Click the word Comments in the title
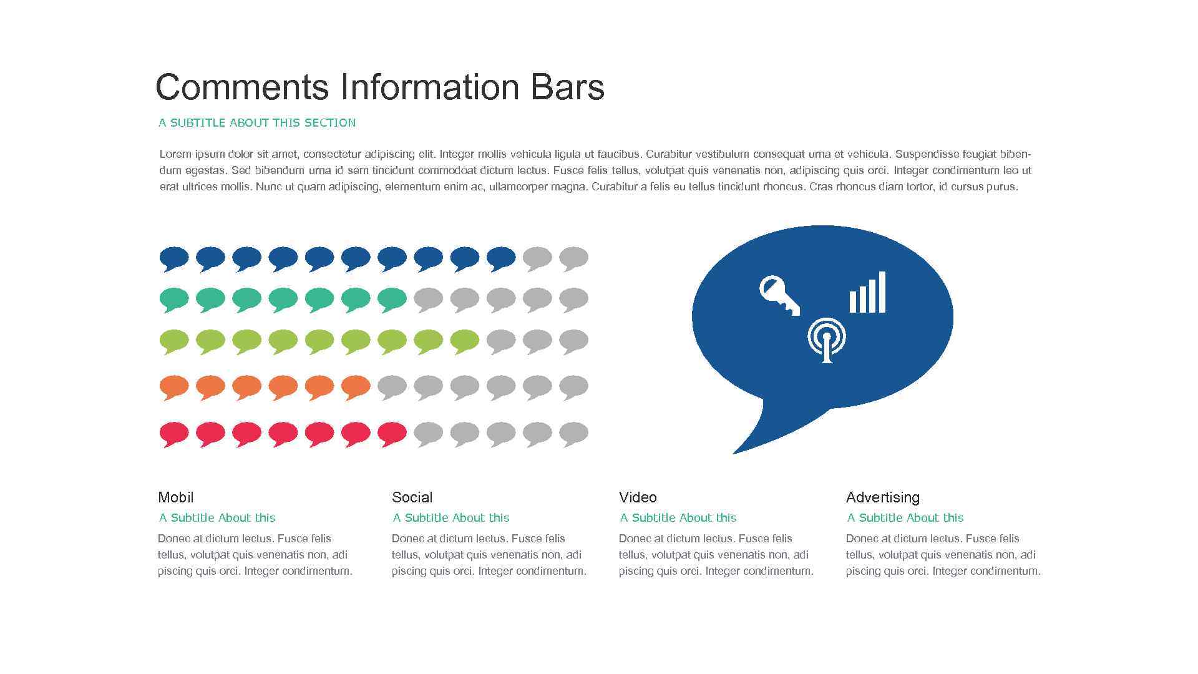(242, 87)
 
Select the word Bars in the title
(568, 87)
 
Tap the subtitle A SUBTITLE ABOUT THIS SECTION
(257, 123)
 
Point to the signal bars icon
(867, 293)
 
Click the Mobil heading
(176, 497)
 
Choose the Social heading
(412, 497)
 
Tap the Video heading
(638, 497)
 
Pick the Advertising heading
(883, 497)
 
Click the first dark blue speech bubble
(174, 258)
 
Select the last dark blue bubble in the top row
(501, 258)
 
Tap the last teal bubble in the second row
(392, 298)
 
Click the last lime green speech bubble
(465, 341)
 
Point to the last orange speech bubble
(356, 386)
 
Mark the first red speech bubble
(174, 432)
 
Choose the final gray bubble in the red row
(573, 432)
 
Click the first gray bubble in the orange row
(392, 386)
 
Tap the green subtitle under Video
(678, 518)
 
